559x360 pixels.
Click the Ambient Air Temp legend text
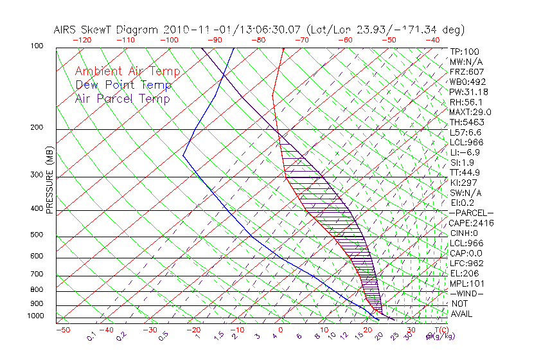point(128,71)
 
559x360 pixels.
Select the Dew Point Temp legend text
point(123,85)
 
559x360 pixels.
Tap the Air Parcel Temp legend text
point(123,98)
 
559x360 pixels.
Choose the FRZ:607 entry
point(467,72)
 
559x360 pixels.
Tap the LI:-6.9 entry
point(465,152)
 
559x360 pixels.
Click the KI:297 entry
point(465,183)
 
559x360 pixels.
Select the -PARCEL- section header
point(472,213)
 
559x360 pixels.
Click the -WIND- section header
point(467,293)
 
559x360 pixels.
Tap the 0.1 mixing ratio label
point(91,336)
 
